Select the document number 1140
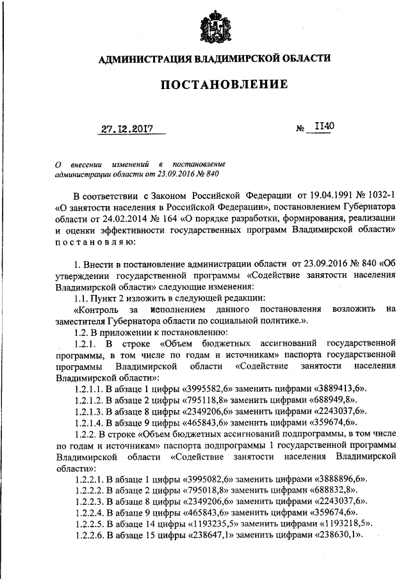tap(321, 127)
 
